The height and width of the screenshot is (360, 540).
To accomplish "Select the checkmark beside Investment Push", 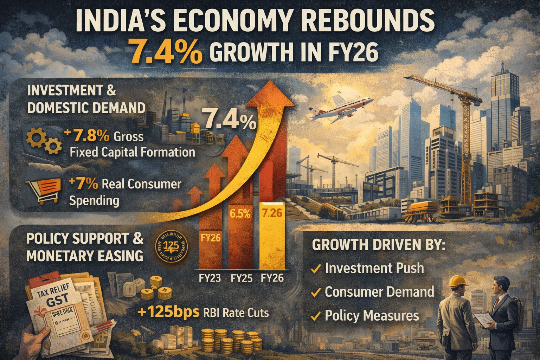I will pos(316,270).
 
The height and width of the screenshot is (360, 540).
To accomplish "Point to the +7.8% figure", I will pos(84,136).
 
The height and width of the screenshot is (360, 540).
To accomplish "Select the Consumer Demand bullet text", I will pos(379,292).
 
